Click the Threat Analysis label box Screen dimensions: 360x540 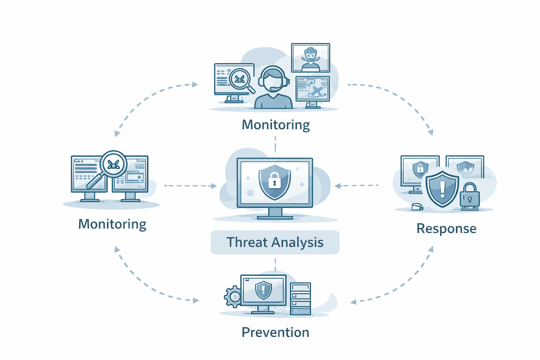pyautogui.click(x=275, y=242)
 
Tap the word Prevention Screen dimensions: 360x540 pyautogui.click(x=275, y=332)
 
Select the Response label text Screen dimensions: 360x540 pyautogui.click(x=446, y=229)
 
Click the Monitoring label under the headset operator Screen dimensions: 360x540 pyautogui.click(x=276, y=125)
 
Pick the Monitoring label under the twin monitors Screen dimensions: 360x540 pyautogui.click(x=112, y=224)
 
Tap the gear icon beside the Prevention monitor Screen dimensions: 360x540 pyautogui.click(x=232, y=296)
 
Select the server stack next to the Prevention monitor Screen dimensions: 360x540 pyautogui.click(x=300, y=298)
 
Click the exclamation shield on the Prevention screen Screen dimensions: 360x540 pyautogui.click(x=263, y=290)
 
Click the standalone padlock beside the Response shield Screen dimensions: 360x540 pyautogui.click(x=470, y=196)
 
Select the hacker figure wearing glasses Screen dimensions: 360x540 pyautogui.click(x=310, y=58)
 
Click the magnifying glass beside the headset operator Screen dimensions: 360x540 pyautogui.click(x=242, y=80)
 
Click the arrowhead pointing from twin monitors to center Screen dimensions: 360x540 pyautogui.click(x=214, y=186)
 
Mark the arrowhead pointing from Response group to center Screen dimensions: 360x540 pyautogui.click(x=337, y=186)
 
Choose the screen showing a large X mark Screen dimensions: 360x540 pyautogui.click(x=313, y=88)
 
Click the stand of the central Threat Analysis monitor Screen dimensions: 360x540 pyautogui.click(x=275, y=213)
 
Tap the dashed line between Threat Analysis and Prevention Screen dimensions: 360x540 pyautogui.click(x=275, y=265)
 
